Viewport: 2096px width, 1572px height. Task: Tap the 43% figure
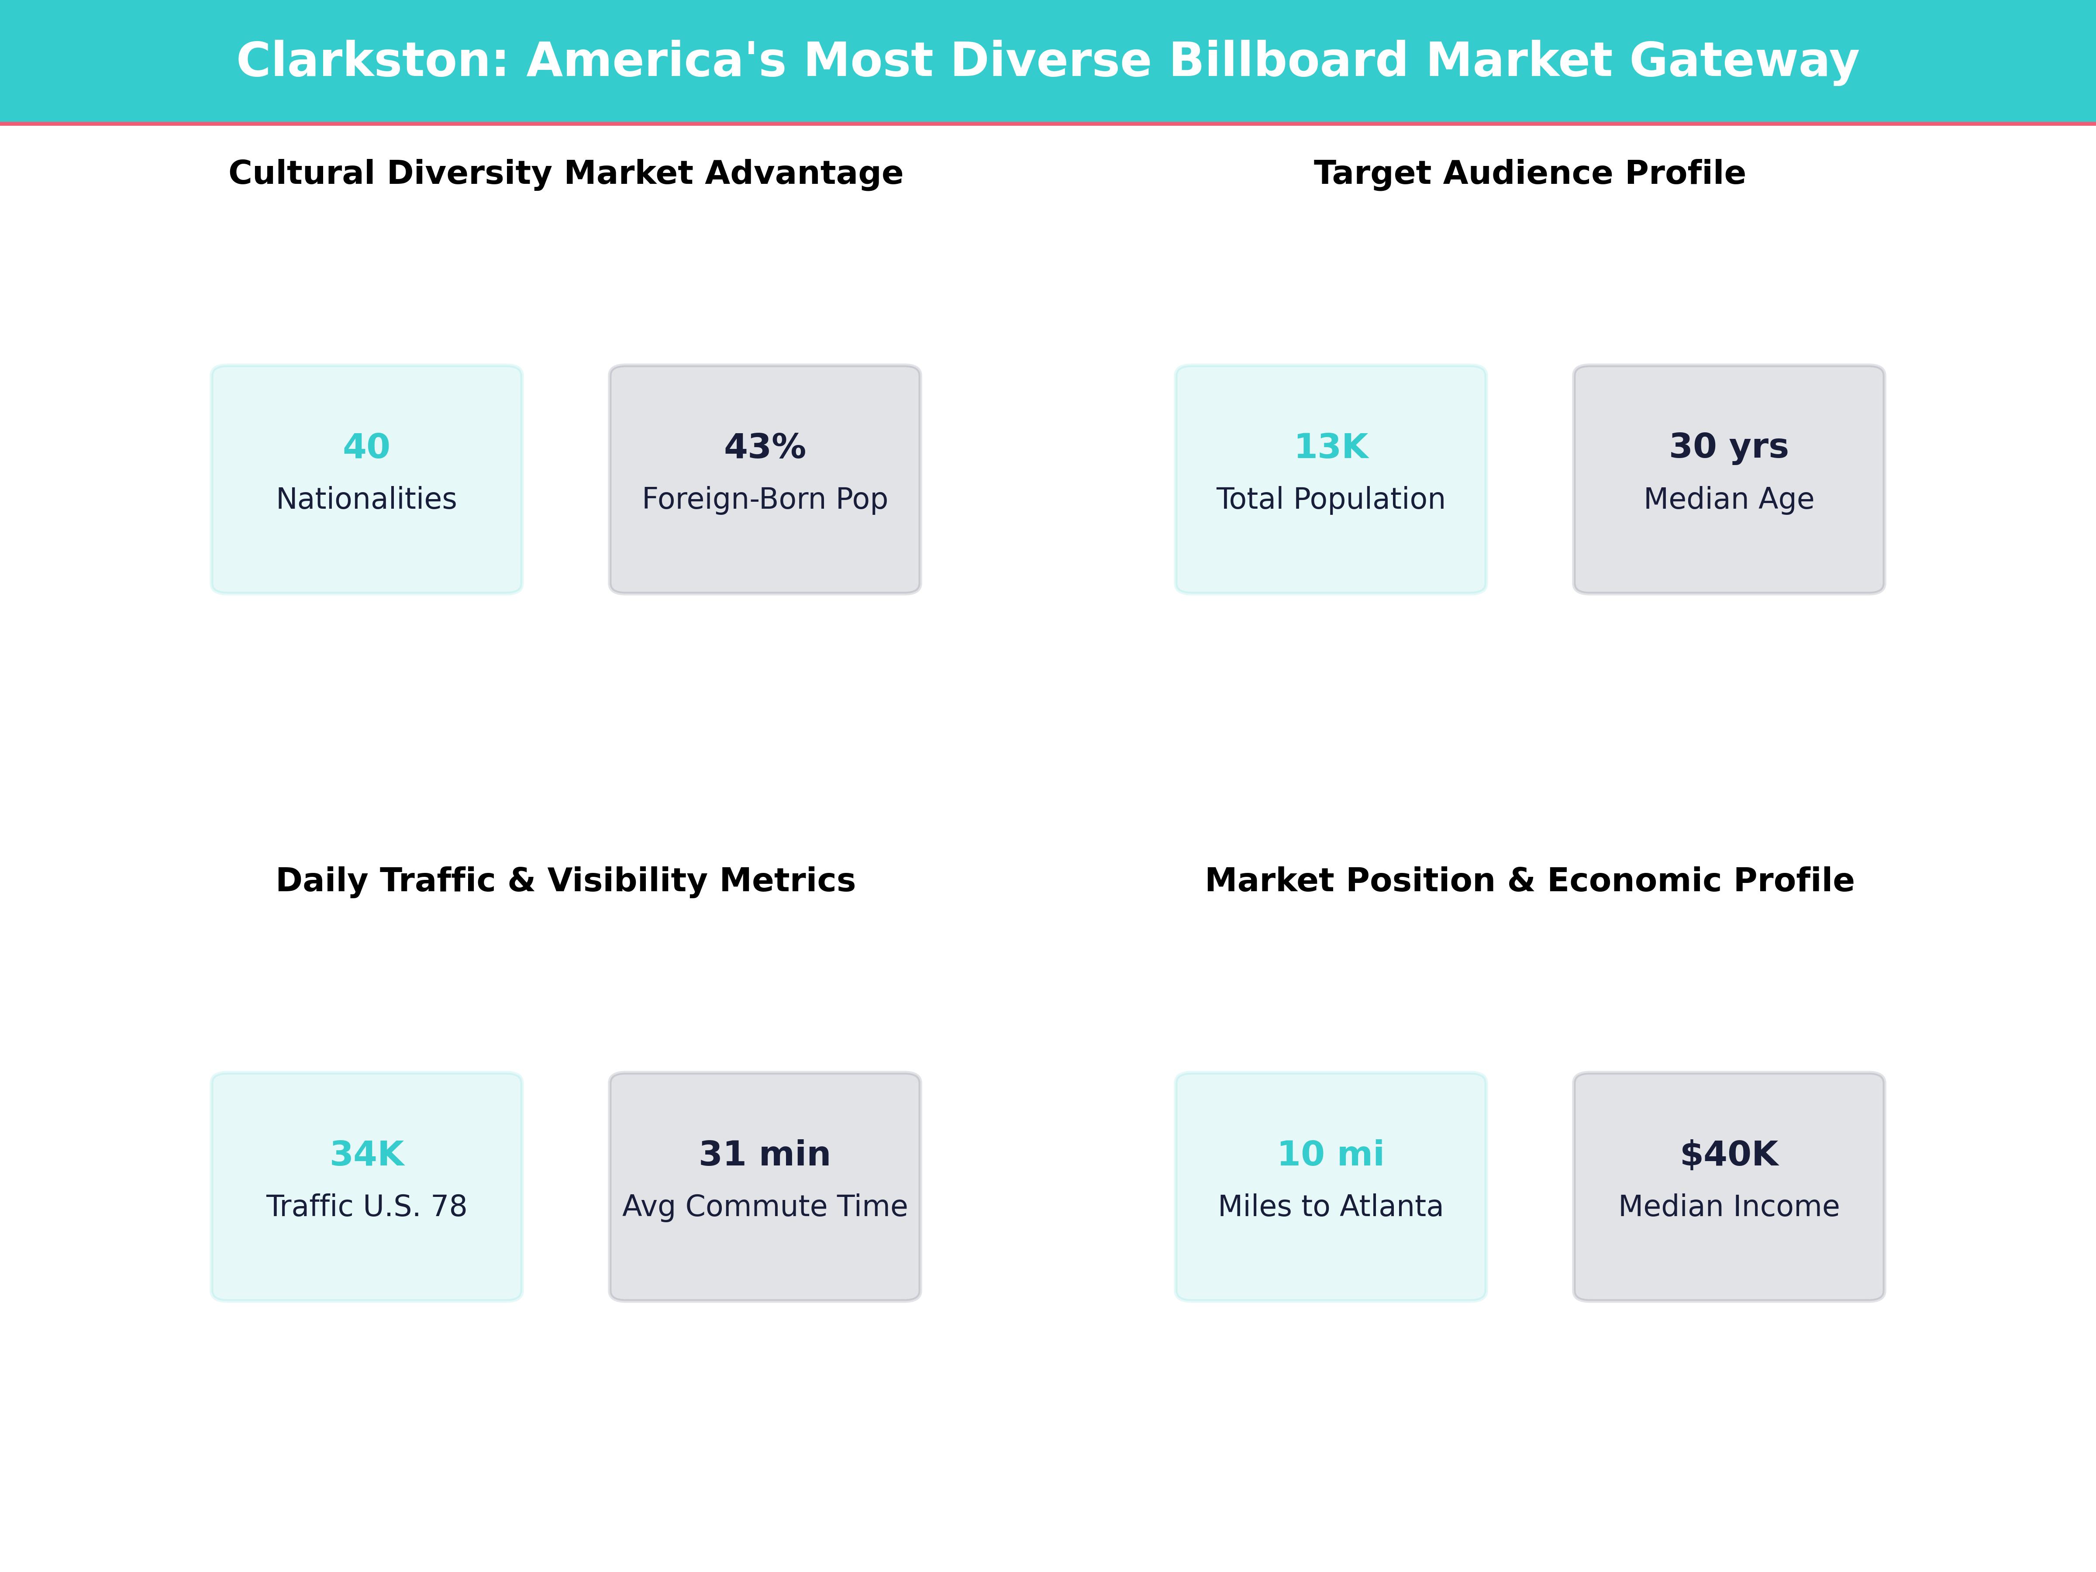point(765,446)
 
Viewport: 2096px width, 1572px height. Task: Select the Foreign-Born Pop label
point(765,498)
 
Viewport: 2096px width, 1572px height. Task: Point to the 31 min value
point(765,1154)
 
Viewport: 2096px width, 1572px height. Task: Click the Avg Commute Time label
point(765,1206)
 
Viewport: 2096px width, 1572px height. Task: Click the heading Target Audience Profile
point(1529,173)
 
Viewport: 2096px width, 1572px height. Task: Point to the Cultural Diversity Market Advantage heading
point(565,173)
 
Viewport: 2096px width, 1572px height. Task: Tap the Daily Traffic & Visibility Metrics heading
point(565,880)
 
